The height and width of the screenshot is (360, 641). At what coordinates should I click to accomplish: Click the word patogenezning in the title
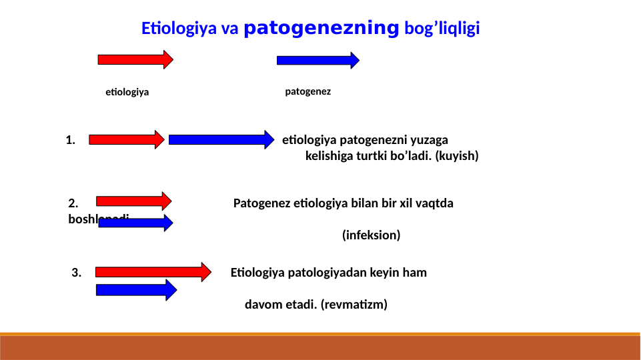click(322, 29)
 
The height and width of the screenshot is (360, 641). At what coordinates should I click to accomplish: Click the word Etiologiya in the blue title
click(175, 29)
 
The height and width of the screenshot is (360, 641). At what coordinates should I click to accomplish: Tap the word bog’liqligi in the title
click(442, 29)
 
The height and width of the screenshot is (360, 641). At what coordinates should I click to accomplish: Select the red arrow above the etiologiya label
click(135, 59)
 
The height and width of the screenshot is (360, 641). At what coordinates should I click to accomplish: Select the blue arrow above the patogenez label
click(317, 61)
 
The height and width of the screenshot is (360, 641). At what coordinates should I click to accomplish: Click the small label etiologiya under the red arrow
click(127, 92)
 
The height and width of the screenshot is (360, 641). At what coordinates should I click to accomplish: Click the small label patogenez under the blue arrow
click(307, 91)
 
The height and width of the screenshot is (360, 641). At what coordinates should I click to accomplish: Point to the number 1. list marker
click(71, 140)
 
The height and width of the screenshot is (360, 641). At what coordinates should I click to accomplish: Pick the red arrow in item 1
click(126, 139)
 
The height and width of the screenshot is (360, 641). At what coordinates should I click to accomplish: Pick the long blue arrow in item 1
click(221, 139)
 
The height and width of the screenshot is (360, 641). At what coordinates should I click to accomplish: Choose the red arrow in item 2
click(133, 201)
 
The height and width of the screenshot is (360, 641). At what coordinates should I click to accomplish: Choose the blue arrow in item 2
click(135, 223)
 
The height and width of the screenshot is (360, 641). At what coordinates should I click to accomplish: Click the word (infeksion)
click(371, 235)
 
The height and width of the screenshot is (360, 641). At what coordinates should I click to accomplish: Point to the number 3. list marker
click(77, 272)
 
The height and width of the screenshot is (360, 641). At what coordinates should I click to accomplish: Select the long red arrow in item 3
click(153, 271)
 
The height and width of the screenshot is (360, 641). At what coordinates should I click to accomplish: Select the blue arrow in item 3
click(136, 289)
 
